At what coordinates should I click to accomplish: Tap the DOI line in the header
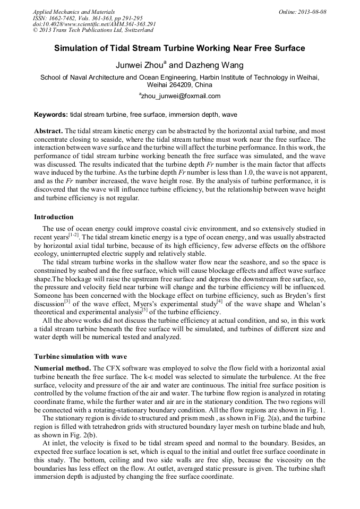pyautogui.click(x=94, y=24)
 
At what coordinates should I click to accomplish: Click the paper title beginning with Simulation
pyautogui.click(x=179, y=48)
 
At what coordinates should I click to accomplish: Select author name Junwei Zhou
pyautogui.click(x=140, y=65)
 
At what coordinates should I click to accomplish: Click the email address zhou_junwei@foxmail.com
pyautogui.click(x=181, y=96)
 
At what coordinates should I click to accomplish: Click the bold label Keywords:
pyautogui.click(x=51, y=115)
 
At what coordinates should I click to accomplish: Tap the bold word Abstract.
pyautogui.click(x=48, y=131)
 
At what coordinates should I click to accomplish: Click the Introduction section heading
pyautogui.click(x=54, y=217)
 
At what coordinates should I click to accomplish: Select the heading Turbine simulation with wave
pyautogui.click(x=81, y=356)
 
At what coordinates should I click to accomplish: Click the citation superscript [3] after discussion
pyautogui.click(x=67, y=301)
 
